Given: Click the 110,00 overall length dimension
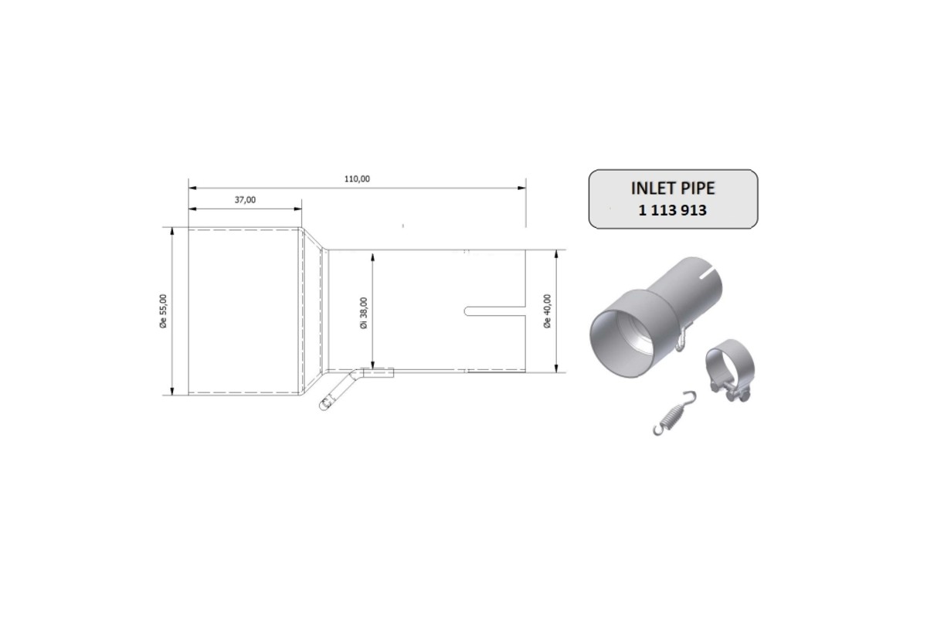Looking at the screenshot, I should coord(357,178).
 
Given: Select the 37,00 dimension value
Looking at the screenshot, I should coord(244,199).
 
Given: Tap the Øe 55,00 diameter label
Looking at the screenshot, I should coord(162,311).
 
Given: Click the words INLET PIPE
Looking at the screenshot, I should coord(673,188).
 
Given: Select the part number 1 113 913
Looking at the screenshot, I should coord(672,209).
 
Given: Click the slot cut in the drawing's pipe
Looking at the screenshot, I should coord(494,311).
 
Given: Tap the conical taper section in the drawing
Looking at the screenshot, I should coord(312,311).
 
